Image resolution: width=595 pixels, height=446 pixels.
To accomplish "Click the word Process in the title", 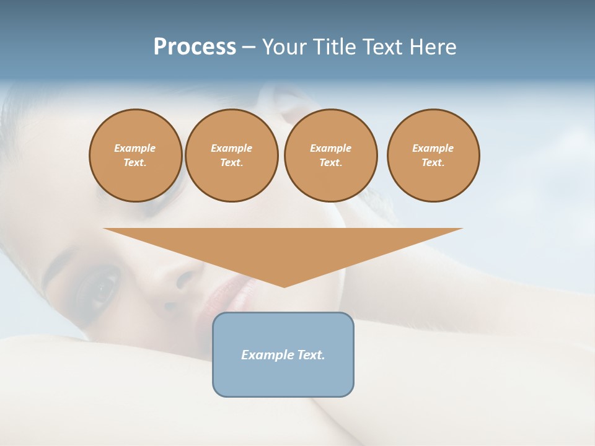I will [x=195, y=47].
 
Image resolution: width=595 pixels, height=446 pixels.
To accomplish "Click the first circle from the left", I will [x=135, y=155].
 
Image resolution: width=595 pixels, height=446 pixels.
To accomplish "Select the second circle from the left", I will [x=231, y=155].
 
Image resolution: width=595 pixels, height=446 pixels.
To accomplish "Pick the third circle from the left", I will [x=330, y=155].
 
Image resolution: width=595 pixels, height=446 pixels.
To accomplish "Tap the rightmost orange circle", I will [x=433, y=155].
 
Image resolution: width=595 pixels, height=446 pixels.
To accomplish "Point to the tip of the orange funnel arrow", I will [x=284, y=286].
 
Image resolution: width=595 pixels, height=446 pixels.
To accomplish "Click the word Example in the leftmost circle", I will [x=135, y=148].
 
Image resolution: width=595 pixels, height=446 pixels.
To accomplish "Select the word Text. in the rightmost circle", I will [x=433, y=163].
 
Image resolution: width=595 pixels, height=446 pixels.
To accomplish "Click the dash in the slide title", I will [x=249, y=47].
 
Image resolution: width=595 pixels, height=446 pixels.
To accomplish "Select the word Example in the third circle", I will [x=330, y=148].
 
